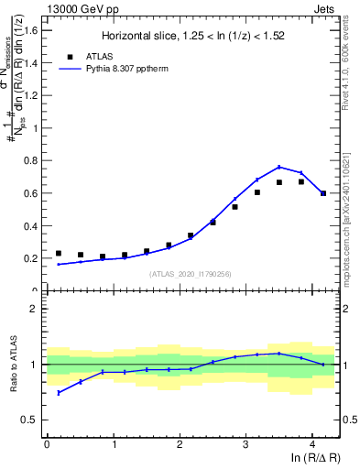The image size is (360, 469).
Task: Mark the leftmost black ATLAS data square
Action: [x=59, y=254]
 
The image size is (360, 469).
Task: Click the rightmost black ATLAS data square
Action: [x=323, y=193]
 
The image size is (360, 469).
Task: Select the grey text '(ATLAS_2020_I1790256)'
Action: [x=191, y=273]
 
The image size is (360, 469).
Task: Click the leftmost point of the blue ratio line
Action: [x=59, y=392]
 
